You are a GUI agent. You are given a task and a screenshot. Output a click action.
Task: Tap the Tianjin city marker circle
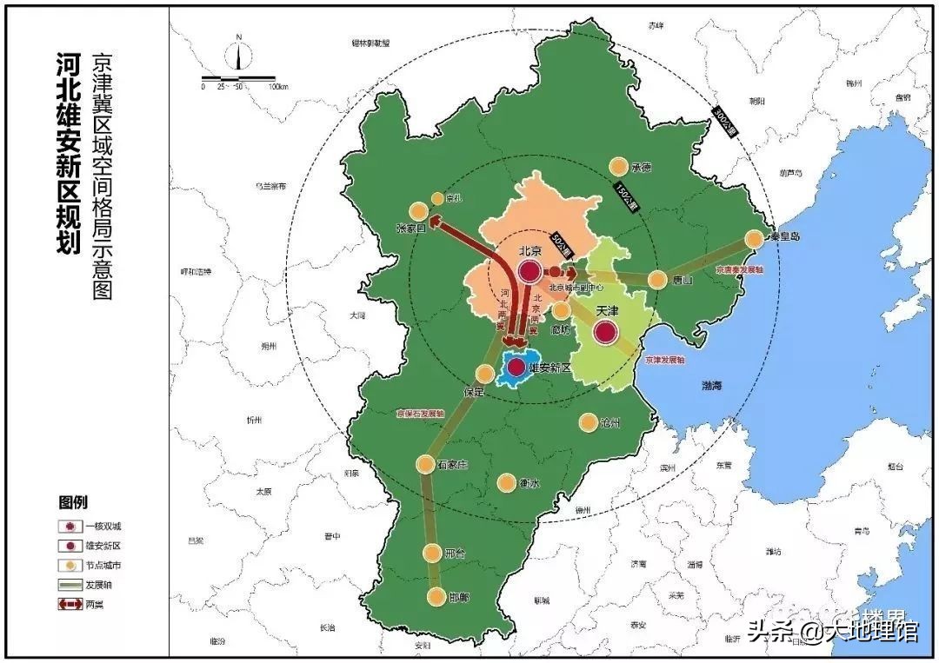[606, 331]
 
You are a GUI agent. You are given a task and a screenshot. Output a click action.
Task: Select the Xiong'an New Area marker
[517, 368]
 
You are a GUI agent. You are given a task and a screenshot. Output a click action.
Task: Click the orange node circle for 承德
[618, 166]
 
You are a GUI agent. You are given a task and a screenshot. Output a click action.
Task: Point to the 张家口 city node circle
[419, 210]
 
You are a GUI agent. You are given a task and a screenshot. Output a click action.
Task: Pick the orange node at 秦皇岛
[754, 238]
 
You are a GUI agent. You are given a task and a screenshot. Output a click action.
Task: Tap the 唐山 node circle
[658, 280]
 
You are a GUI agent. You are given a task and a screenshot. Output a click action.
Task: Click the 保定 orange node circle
[485, 374]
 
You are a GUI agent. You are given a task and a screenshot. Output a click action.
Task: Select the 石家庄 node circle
[425, 464]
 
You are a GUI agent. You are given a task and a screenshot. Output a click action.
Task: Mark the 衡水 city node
[507, 482]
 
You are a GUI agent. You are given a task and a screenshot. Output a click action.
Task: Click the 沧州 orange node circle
[589, 423]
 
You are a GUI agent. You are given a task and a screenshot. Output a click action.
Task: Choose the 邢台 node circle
[433, 553]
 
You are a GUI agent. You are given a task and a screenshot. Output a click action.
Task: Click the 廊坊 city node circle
[562, 309]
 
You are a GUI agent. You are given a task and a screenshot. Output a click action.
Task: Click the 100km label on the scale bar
[278, 87]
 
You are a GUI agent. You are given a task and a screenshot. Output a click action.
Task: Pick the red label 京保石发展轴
[420, 414]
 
